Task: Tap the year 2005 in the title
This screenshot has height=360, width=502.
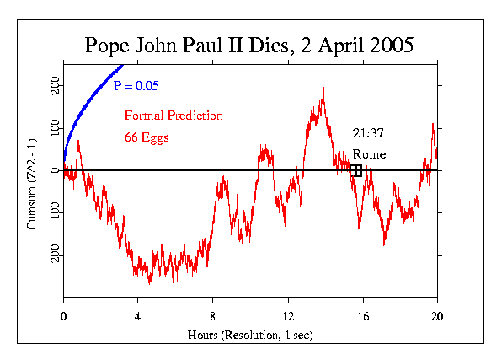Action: point(386,46)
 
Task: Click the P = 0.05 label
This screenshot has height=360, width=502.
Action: point(136,86)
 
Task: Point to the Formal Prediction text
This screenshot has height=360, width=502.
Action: point(174,115)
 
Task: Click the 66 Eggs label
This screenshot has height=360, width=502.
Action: point(148,137)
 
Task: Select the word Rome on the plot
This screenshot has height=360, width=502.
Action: point(369,154)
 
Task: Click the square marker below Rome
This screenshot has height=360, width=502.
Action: point(357,170)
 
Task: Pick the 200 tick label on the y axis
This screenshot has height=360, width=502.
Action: point(53,85)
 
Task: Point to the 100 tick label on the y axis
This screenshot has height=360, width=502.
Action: point(53,127)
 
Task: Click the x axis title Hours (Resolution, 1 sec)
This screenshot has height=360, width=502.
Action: point(250,334)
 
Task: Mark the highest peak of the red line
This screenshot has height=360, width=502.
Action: point(323,89)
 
